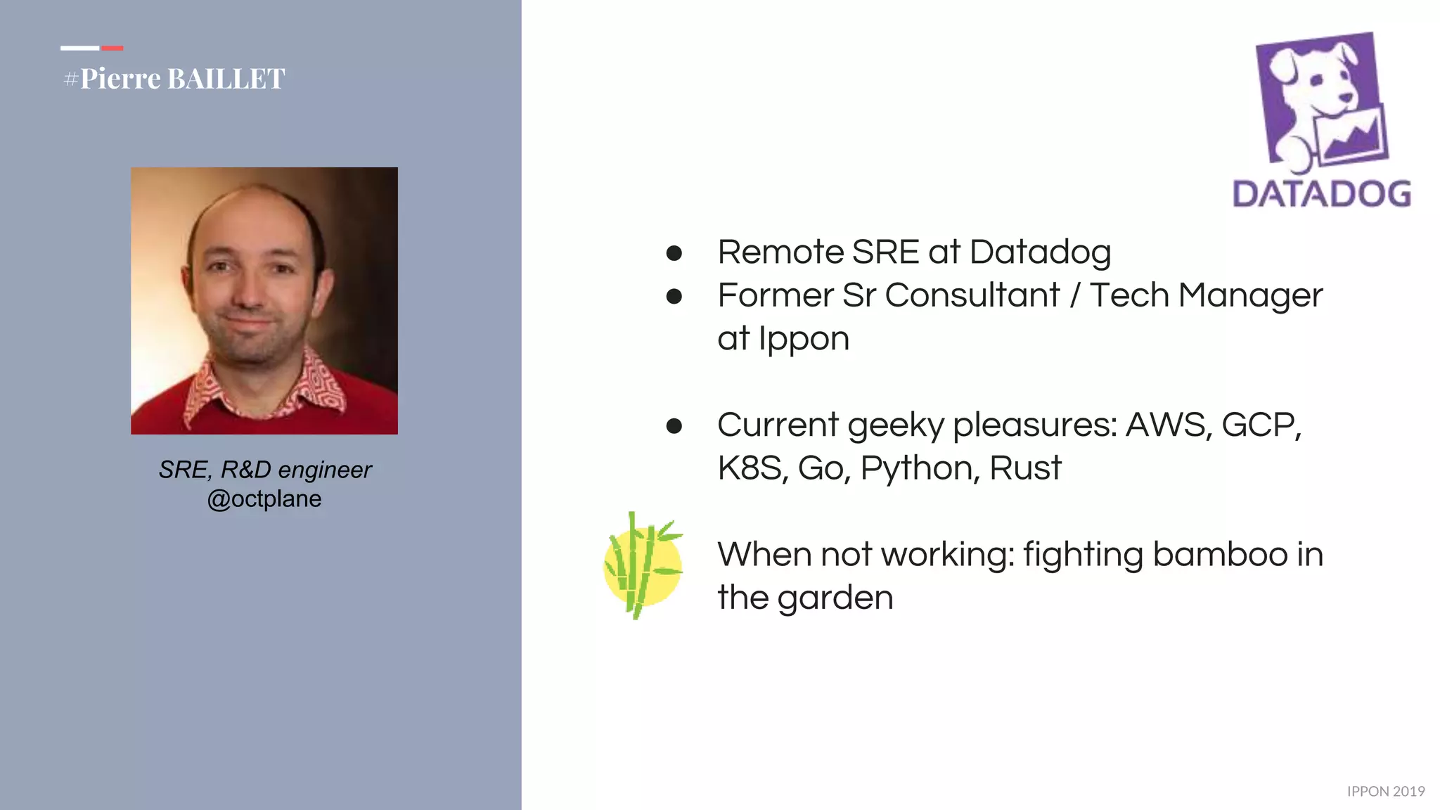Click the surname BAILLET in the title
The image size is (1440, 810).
226,79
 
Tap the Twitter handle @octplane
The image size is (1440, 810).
264,499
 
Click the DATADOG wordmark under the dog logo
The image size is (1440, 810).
1321,194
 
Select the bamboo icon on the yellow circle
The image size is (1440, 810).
642,565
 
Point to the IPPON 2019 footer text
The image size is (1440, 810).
1385,792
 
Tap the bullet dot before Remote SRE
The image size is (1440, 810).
674,253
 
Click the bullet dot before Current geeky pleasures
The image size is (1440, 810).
674,426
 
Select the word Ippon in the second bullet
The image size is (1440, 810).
804,340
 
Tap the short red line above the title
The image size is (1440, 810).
112,48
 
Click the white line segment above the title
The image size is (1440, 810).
79,48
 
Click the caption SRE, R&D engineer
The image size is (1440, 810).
264,470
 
